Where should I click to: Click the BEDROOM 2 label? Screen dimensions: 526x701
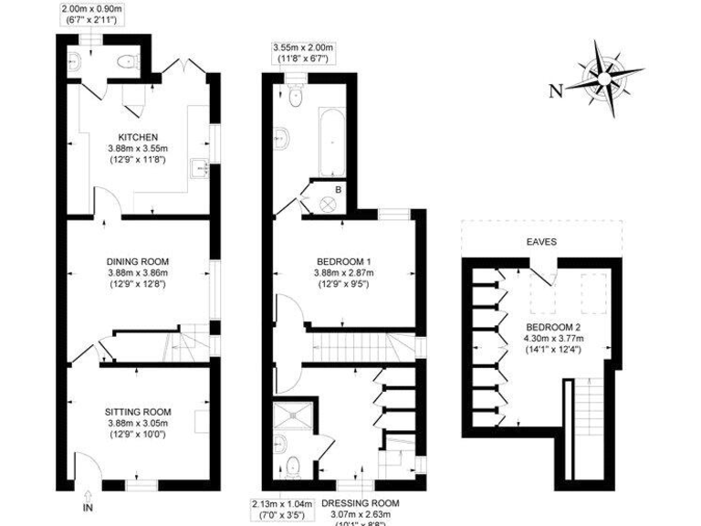point(554,326)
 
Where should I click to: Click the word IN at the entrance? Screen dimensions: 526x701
point(88,507)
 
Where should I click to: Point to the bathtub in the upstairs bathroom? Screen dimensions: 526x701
point(330,142)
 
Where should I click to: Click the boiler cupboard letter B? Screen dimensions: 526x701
point(339,189)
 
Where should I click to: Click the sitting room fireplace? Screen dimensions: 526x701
point(203,421)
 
